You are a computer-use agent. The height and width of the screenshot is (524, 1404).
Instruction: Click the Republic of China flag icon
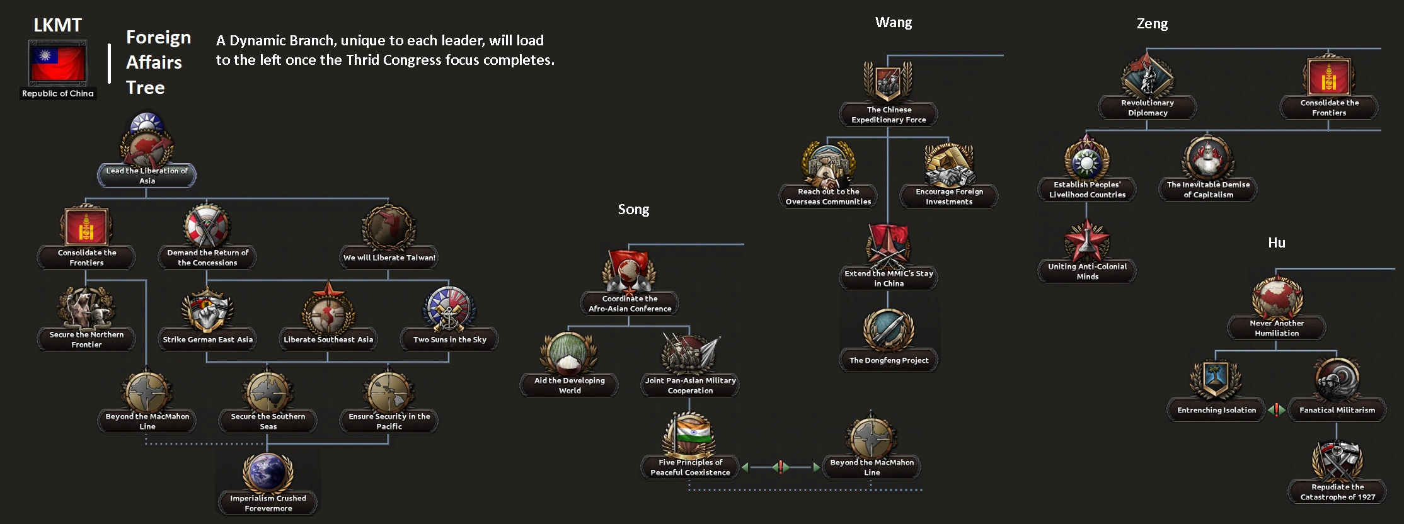57,63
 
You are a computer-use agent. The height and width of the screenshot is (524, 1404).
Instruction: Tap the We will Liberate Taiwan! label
389,258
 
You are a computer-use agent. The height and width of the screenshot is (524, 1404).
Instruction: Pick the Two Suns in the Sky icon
449,309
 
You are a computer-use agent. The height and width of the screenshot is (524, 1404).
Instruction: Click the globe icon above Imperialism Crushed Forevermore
268,472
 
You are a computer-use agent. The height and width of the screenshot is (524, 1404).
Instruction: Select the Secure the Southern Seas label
268,421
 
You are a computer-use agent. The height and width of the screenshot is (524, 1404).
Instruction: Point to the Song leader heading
633,209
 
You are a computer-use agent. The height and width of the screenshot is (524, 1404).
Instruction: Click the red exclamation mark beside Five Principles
781,467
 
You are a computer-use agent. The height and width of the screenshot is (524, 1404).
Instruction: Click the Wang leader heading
894,23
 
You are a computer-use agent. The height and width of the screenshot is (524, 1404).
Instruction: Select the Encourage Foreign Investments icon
949,166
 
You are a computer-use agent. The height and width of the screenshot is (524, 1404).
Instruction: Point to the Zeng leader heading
1152,24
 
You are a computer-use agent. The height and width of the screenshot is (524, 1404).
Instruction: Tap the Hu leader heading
1277,243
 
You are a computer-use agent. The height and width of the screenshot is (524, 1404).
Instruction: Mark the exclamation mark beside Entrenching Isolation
1277,410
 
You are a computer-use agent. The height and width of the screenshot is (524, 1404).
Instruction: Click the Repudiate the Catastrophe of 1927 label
1337,492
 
